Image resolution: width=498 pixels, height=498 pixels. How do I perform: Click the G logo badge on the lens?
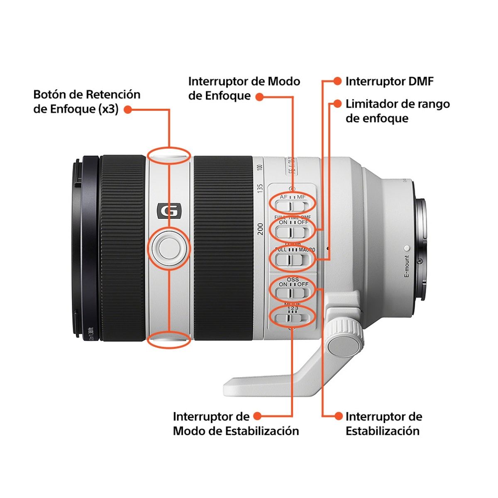(169, 211)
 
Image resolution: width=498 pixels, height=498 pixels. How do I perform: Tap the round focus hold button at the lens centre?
(168, 248)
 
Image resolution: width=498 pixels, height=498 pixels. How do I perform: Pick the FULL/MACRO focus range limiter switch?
(293, 259)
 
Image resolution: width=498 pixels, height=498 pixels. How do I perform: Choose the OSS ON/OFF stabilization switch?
(293, 292)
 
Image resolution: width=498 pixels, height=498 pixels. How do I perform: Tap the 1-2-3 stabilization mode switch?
(293, 318)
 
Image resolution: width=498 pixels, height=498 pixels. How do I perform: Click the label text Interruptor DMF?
(389, 81)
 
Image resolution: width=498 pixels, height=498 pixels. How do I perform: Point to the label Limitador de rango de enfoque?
(398, 111)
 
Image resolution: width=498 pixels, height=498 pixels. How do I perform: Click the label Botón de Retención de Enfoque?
(87, 102)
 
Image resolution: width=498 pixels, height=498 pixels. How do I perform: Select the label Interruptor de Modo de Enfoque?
(244, 88)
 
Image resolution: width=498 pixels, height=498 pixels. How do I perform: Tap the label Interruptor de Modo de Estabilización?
(236, 424)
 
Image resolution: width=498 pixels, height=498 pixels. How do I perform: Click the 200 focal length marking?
(260, 229)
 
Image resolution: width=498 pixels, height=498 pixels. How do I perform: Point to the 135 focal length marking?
(260, 188)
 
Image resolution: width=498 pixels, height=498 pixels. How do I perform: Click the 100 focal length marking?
(260, 168)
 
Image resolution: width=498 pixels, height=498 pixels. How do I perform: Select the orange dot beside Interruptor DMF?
(337, 81)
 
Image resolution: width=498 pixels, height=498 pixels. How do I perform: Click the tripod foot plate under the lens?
(266, 384)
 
